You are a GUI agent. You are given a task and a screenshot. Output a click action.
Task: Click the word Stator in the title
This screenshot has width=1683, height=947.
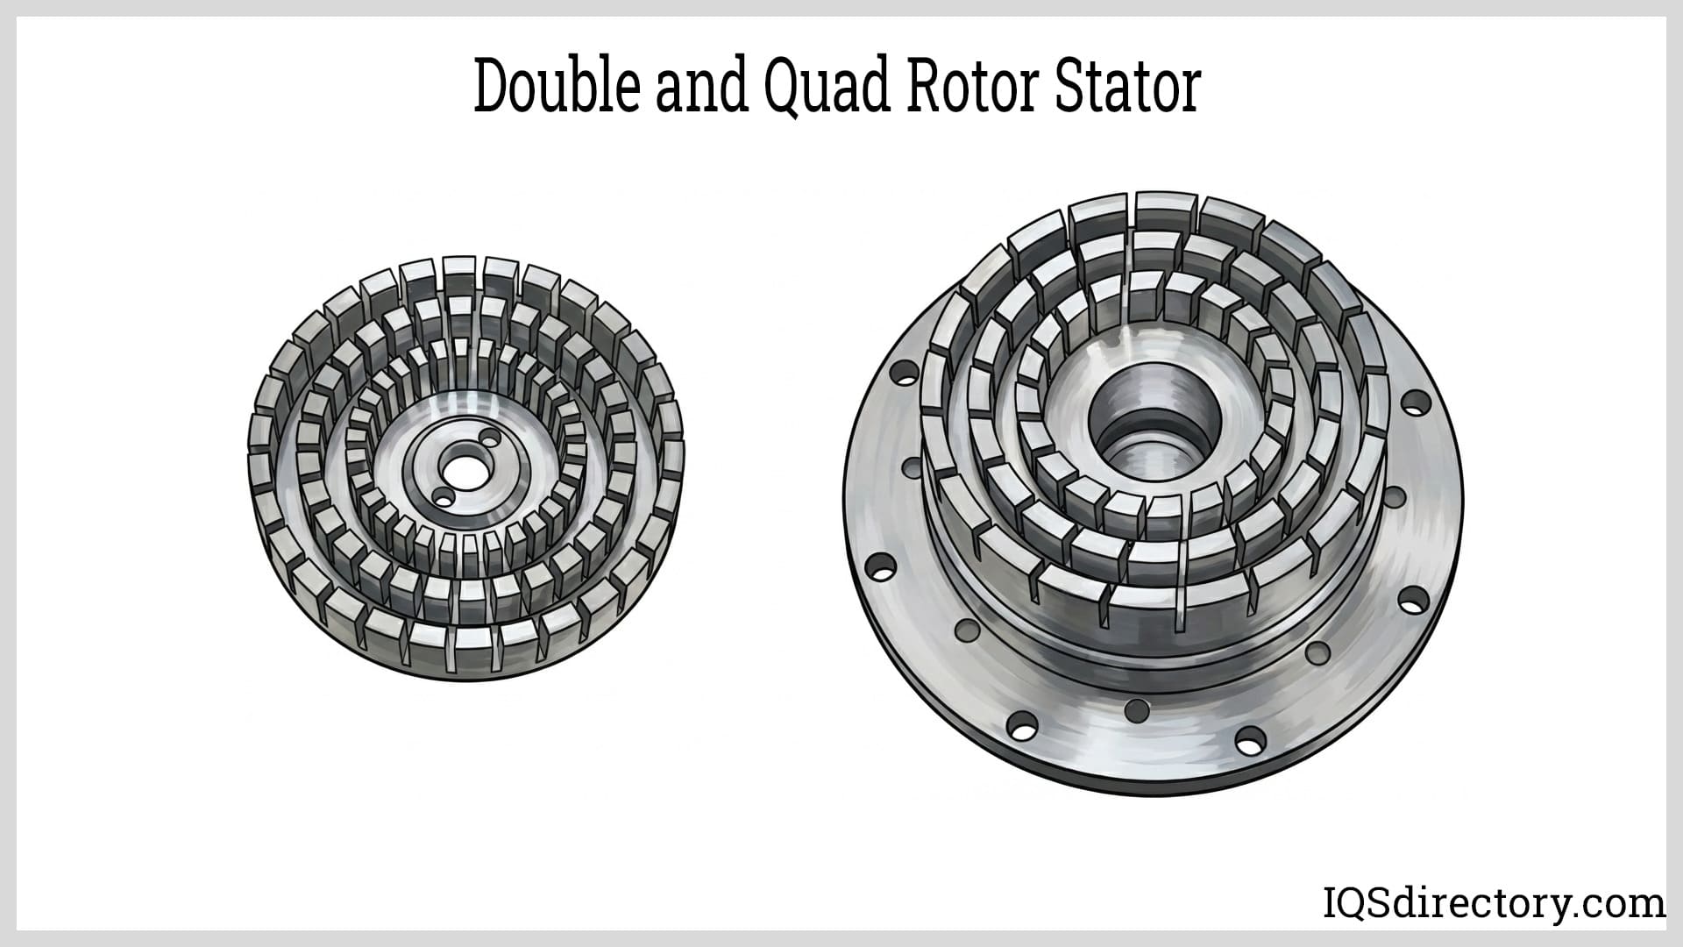point(1127,89)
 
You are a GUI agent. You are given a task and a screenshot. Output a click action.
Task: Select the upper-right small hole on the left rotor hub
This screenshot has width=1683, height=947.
point(491,437)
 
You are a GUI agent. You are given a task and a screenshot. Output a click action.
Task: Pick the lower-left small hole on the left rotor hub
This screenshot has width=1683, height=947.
point(444,500)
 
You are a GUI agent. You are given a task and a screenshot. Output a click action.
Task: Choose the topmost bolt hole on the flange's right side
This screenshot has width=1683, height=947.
point(1410,404)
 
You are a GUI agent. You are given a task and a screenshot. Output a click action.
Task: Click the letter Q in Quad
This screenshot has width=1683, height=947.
point(785,89)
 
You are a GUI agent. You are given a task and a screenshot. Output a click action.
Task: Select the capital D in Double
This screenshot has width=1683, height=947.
point(492,89)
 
